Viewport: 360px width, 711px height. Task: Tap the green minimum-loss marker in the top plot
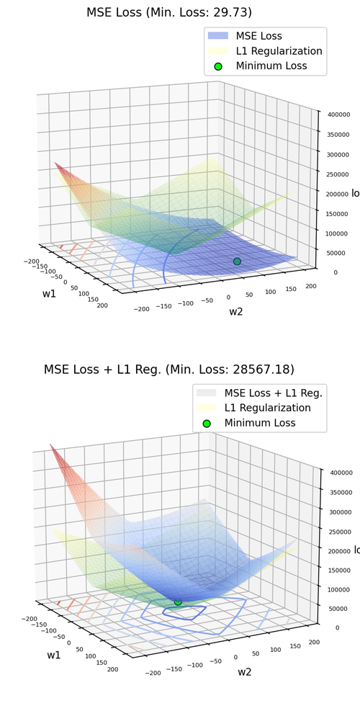pyautogui.click(x=237, y=261)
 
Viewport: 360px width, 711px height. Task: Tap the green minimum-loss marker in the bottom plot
pyautogui.click(x=178, y=601)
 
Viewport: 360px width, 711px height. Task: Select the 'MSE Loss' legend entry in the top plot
pyautogui.click(x=259, y=35)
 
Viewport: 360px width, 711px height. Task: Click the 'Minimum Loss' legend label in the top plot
pyautogui.click(x=271, y=66)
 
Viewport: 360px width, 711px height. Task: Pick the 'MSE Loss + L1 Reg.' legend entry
pyautogui.click(x=273, y=393)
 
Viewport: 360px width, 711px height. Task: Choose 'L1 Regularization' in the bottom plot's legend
pyautogui.click(x=267, y=408)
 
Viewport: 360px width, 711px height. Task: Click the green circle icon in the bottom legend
pyautogui.click(x=207, y=424)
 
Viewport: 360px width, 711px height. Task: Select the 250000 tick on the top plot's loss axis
pyautogui.click(x=336, y=174)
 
